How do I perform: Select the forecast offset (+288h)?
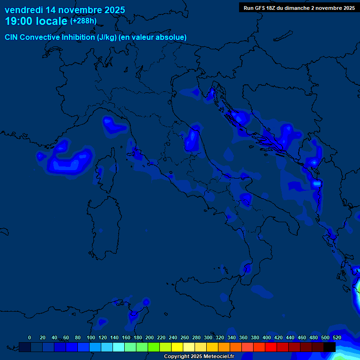click(83, 21)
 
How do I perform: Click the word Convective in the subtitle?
click(40, 37)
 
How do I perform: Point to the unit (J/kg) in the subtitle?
click(107, 37)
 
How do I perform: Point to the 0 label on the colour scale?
click(30, 337)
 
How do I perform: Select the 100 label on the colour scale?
click(91, 337)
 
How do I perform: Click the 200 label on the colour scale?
click(150, 337)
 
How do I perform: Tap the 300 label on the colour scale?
click(208, 337)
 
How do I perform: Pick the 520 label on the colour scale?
click(337, 337)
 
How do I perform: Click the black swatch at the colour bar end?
click(330, 347)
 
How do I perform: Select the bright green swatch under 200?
click(154, 347)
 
